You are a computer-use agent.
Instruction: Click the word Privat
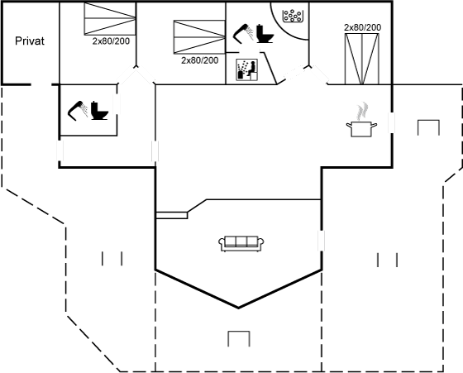[30, 41]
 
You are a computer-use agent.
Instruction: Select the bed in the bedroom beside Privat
[110, 18]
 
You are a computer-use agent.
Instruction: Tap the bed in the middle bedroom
[199, 37]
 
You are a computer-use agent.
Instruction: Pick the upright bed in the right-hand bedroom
[362, 59]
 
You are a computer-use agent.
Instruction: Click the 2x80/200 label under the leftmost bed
[111, 41]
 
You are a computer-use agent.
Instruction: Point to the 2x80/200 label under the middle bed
[200, 60]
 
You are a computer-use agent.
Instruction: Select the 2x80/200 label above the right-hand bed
[363, 27]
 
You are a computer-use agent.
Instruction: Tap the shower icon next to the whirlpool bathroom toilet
[244, 33]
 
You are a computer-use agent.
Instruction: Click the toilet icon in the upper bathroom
[265, 33]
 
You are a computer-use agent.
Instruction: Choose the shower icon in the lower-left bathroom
[78, 111]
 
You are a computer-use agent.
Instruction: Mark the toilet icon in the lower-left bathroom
[99, 111]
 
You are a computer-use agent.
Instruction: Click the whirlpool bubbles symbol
[292, 16]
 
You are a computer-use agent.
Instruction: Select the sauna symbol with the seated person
[247, 69]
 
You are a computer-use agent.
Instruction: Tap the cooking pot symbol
[362, 129]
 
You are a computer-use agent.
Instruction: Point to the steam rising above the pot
[362, 111]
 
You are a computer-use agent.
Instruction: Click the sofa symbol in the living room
[241, 244]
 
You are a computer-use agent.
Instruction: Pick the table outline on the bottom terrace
[239, 338]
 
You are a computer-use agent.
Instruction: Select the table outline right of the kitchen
[428, 127]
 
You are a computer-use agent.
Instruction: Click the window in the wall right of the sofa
[322, 241]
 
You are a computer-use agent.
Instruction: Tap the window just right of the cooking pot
[392, 122]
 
